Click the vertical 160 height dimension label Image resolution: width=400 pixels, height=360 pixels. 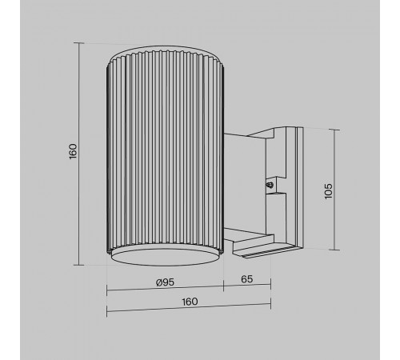pyautogui.click(x=73, y=151)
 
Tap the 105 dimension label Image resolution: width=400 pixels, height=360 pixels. pyautogui.click(x=329, y=191)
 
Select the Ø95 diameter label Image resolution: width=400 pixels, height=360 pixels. pyautogui.click(x=165, y=282)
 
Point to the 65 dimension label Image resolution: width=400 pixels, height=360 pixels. pyautogui.click(x=246, y=279)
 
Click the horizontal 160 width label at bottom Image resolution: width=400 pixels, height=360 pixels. pyautogui.click(x=190, y=302)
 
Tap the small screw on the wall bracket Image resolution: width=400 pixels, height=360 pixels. pyautogui.click(x=270, y=185)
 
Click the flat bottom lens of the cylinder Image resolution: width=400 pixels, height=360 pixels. pyautogui.click(x=165, y=258)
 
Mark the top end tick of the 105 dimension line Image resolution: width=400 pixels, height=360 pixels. pyautogui.click(x=334, y=130)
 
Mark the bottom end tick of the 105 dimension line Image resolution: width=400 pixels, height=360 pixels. pyautogui.click(x=334, y=250)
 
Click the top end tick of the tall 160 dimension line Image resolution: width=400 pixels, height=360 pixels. pyautogui.click(x=79, y=42)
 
